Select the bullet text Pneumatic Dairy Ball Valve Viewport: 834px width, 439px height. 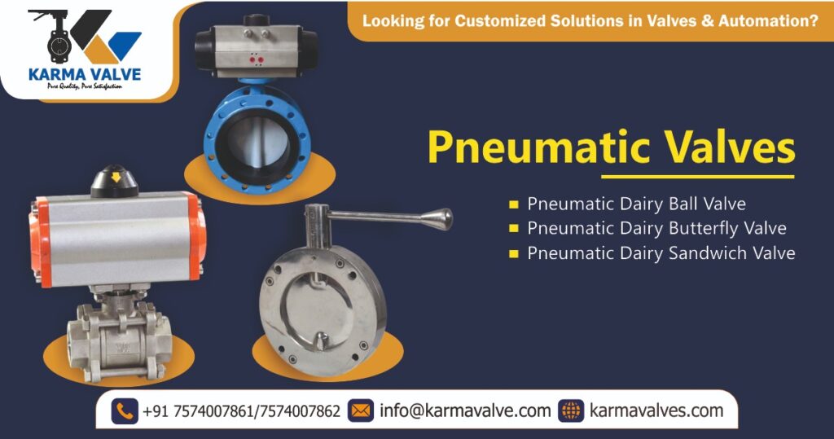click(636, 203)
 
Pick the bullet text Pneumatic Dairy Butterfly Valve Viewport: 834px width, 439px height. click(656, 228)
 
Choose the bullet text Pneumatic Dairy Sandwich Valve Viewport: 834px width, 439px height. click(661, 253)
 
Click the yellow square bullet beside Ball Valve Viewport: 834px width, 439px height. click(513, 204)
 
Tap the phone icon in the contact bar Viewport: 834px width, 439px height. click(125, 411)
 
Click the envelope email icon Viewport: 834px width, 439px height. click(360, 411)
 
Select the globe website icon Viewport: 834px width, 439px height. click(571, 411)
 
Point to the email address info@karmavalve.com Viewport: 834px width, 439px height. click(465, 411)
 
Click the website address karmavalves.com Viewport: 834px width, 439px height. click(656, 411)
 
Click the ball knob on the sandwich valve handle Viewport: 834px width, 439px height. click(441, 218)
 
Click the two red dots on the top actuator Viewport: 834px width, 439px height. click(256, 59)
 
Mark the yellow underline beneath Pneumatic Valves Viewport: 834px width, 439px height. click(697, 176)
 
